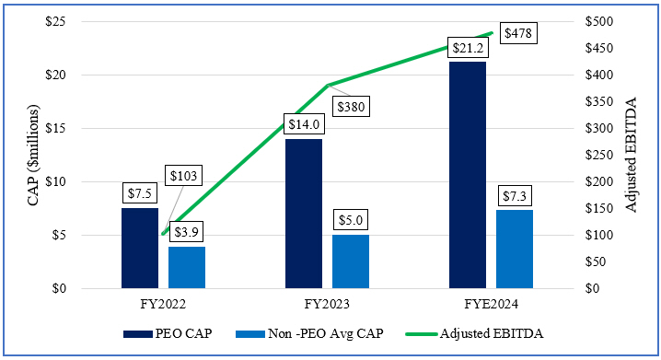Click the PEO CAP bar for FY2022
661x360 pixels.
click(140, 248)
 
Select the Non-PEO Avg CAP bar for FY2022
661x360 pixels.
click(187, 267)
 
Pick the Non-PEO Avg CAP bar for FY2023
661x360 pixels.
click(351, 261)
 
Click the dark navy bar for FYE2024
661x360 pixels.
click(468, 175)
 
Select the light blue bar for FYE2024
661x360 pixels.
click(515, 249)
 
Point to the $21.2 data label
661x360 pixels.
click(468, 46)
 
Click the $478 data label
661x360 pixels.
click(517, 32)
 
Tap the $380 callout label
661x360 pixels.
click(352, 107)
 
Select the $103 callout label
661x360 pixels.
click(186, 175)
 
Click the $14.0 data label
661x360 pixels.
click(304, 123)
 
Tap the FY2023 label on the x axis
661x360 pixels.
click(327, 303)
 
